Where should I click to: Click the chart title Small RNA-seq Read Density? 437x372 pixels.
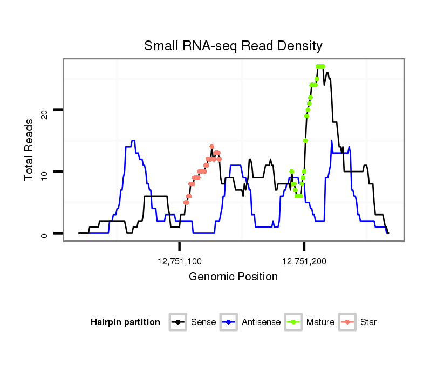click(x=233, y=46)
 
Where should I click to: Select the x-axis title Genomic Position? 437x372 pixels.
click(x=233, y=277)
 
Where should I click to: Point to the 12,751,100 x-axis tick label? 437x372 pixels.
click(x=180, y=261)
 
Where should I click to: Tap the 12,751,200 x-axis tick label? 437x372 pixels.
click(x=304, y=261)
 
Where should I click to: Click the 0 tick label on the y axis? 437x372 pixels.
click(x=44, y=233)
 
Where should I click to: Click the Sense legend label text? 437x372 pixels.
click(x=203, y=322)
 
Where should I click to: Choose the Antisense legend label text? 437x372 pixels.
click(x=261, y=322)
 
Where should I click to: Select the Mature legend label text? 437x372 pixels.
click(x=320, y=322)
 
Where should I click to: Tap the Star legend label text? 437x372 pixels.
click(x=368, y=322)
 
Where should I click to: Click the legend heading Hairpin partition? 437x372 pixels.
click(x=125, y=322)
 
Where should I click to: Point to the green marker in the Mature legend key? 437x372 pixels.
click(x=294, y=322)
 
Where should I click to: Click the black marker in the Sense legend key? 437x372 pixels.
click(x=179, y=322)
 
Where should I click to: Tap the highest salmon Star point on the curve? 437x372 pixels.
click(x=212, y=147)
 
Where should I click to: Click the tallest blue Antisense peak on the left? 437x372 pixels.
click(x=133, y=141)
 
